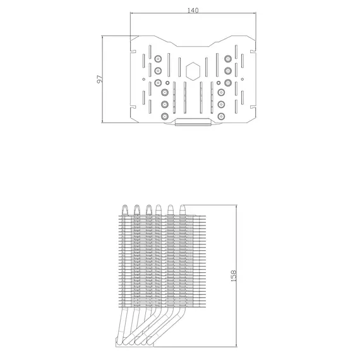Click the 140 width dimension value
193,10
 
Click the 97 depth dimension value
100,79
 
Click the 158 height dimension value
233,276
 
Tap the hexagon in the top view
193,71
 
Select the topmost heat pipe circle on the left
158,59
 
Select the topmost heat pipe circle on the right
228,59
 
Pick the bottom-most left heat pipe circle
165,116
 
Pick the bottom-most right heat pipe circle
221,116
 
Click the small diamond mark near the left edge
144,79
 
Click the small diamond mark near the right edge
243,79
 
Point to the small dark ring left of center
167,83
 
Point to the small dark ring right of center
219,83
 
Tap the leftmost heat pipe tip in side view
124,210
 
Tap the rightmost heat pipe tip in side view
183,210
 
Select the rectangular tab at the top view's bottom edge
193,122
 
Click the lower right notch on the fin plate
253,107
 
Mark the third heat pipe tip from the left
149,210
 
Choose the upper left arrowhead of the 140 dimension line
132,13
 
